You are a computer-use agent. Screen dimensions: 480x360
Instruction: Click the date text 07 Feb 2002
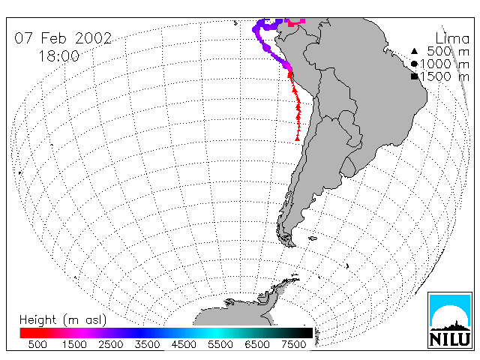tap(63, 38)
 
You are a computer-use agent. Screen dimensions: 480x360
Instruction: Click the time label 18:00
tap(59, 56)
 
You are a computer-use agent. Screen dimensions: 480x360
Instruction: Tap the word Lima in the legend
tap(452, 39)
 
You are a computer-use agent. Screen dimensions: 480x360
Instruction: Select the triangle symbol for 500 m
tap(414, 51)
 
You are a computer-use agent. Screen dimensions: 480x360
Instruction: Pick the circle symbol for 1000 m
tap(414, 64)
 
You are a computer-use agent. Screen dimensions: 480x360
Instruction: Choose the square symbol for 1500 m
tap(414, 76)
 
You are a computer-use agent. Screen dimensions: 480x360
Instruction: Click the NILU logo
tap(450, 320)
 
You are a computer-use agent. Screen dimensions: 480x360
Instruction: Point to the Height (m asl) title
tap(63, 320)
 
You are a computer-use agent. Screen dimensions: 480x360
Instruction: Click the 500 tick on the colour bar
tap(37, 345)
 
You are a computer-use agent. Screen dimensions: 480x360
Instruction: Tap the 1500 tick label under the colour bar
tap(74, 345)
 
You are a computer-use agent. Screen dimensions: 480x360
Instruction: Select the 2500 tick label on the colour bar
tap(111, 345)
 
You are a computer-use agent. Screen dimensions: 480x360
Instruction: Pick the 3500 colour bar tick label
tap(147, 345)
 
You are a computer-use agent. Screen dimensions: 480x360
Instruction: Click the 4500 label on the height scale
tap(184, 345)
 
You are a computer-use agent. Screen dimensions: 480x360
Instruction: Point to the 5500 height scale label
tap(220, 345)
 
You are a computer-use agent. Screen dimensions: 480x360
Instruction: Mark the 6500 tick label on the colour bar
tap(257, 345)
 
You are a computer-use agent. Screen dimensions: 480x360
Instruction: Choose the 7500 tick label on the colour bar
tap(294, 345)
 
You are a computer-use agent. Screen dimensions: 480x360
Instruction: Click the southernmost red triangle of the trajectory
tap(297, 139)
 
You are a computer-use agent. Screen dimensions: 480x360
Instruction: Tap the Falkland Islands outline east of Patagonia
tap(313, 238)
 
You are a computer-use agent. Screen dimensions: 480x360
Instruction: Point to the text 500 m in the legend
tap(448, 52)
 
